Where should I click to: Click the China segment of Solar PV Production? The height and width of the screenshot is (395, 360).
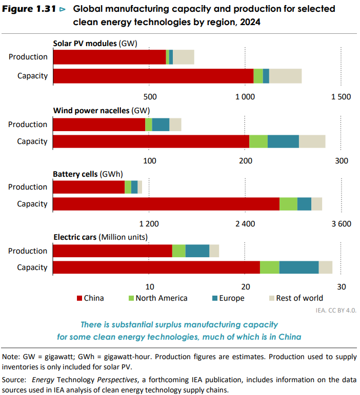coord(109,57)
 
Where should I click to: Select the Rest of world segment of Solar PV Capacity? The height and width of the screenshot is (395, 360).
coord(285,76)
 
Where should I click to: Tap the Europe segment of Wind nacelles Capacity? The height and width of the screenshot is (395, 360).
coord(283,141)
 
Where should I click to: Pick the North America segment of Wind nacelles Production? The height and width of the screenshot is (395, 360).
coord(149,124)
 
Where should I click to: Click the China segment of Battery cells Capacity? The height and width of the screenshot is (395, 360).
coord(166,204)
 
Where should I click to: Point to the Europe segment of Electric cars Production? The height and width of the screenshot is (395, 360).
coord(197,251)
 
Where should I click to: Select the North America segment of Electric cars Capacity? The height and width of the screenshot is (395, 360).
coord(269,267)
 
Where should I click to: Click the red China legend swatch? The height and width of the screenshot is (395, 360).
coord(79,298)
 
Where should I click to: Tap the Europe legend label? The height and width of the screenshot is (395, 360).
coord(232,298)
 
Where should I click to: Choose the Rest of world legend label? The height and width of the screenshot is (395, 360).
coord(299,298)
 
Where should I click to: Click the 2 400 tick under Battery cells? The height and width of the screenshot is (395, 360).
coord(245,224)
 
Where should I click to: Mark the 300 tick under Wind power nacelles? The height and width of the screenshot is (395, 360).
coord(342,161)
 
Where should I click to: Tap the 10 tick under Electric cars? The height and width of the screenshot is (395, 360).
coord(149,287)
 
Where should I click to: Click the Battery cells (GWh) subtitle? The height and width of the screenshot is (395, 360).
coord(88,174)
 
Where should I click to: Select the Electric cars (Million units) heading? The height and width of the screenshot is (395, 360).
coord(101,237)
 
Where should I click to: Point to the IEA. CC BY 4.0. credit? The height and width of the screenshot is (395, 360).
coord(336,310)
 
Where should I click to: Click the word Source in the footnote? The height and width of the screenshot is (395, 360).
coord(14,380)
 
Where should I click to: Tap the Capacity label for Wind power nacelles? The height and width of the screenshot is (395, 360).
coord(32,141)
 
